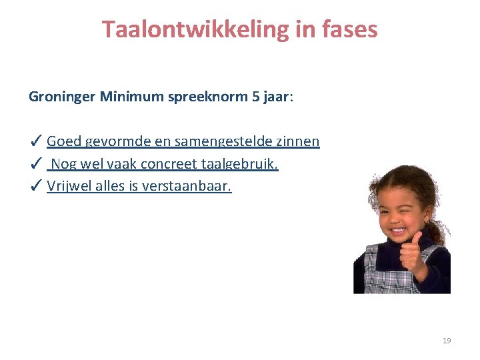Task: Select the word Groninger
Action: point(62,97)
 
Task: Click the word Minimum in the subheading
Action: point(131,97)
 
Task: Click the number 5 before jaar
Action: point(255,97)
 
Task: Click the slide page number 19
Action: point(447,341)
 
